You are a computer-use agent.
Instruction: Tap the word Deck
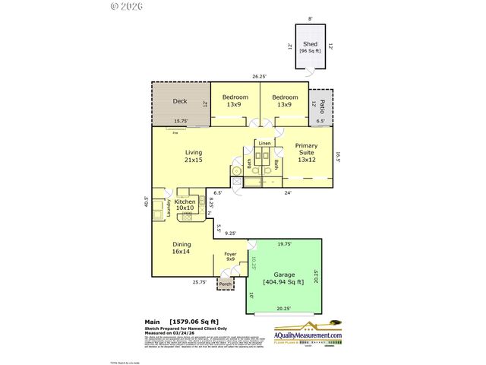click(180, 101)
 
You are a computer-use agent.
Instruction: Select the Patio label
click(322, 106)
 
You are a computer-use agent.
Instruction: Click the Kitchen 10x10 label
click(185, 205)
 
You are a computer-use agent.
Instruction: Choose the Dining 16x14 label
click(181, 247)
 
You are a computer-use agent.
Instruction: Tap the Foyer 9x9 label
click(231, 258)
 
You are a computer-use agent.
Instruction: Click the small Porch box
click(226, 284)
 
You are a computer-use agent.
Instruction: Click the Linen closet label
click(264, 143)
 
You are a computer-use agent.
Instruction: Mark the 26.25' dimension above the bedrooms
click(260, 76)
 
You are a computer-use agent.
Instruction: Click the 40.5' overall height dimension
click(146, 202)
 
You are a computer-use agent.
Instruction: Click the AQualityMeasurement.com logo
click(313, 334)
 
